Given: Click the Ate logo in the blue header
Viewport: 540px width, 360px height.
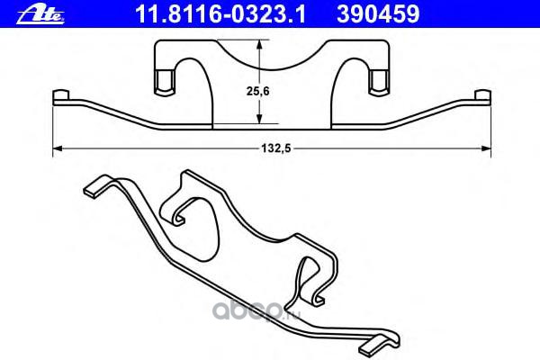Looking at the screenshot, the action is [x=40, y=14].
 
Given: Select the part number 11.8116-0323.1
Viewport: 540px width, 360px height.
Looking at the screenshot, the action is [x=220, y=14].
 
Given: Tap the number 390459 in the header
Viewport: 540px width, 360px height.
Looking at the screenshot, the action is [x=378, y=14].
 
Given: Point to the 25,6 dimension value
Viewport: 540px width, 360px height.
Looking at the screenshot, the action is [x=258, y=91].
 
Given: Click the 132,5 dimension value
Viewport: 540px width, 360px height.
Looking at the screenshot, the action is [x=276, y=148].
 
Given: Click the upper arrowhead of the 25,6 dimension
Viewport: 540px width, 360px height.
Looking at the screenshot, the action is [x=260, y=45].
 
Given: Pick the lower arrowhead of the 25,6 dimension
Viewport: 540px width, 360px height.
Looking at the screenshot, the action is [x=260, y=118].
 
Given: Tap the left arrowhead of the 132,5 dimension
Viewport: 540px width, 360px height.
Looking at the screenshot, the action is [x=58, y=148].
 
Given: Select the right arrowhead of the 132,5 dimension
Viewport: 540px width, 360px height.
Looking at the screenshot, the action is [x=486, y=148].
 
